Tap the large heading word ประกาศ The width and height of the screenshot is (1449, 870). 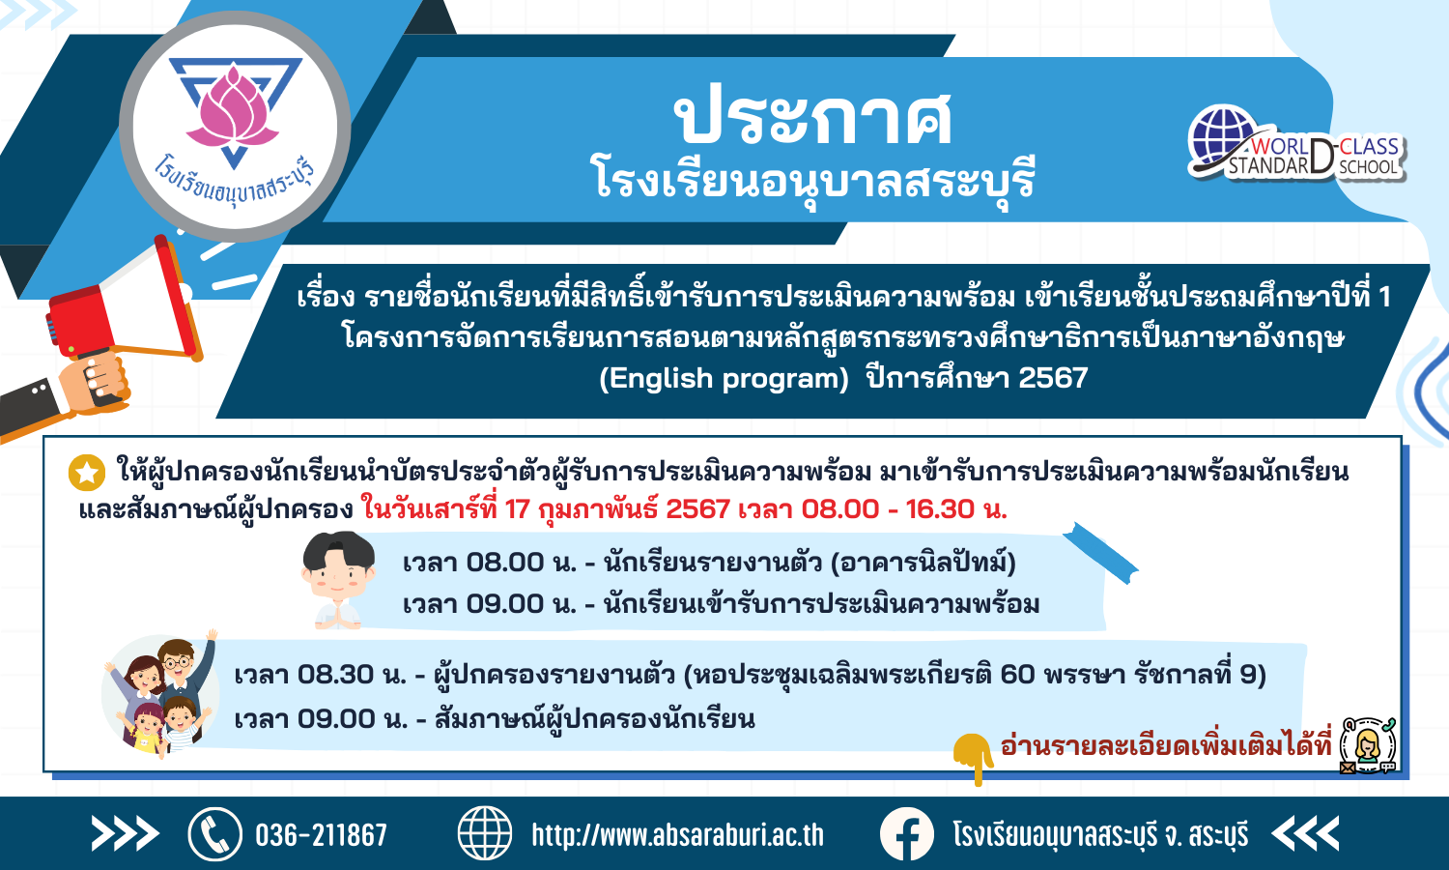tap(813, 117)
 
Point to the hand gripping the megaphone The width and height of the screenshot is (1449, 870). tap(95, 383)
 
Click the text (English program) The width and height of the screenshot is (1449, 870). tap(724, 378)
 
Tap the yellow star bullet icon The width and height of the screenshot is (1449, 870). tap(87, 473)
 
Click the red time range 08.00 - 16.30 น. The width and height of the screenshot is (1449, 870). tap(904, 509)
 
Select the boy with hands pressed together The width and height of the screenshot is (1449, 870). tap(338, 580)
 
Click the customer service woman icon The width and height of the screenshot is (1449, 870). tap(1368, 745)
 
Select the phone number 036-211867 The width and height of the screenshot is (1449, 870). tap(321, 835)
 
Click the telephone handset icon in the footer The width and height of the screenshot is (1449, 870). tap(215, 834)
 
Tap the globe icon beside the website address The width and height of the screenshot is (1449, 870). tap(485, 833)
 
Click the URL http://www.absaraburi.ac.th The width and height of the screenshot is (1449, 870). tap(678, 835)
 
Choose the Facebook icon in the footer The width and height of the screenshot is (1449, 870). tap(906, 833)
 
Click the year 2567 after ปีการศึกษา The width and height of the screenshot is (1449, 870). tap(1053, 378)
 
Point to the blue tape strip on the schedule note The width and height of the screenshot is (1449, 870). tap(1099, 554)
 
